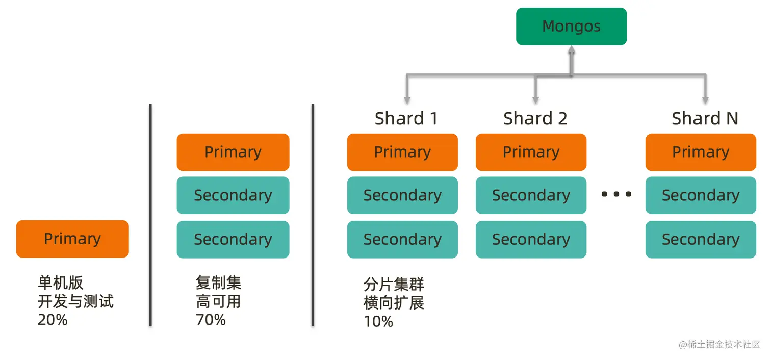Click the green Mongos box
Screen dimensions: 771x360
click(571, 27)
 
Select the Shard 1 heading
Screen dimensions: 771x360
click(406, 119)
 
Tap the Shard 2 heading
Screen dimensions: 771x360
click(535, 119)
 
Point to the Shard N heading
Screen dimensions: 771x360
click(705, 119)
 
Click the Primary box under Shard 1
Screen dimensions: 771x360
click(402, 152)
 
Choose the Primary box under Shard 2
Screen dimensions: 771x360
click(531, 152)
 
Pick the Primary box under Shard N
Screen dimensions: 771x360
click(701, 152)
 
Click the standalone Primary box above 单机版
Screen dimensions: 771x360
click(72, 239)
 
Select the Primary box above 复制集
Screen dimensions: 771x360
click(233, 152)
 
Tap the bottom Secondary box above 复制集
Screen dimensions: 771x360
click(233, 239)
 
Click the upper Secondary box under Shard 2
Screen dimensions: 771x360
click(531, 195)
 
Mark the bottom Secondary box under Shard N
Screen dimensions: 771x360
click(701, 239)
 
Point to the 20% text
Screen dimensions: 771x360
click(53, 320)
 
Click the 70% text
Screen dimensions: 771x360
click(211, 320)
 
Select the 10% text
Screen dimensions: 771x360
click(378, 321)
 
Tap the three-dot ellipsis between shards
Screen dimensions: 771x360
click(616, 194)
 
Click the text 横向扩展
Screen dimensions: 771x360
click(394, 303)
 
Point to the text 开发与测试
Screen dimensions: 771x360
click(75, 301)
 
